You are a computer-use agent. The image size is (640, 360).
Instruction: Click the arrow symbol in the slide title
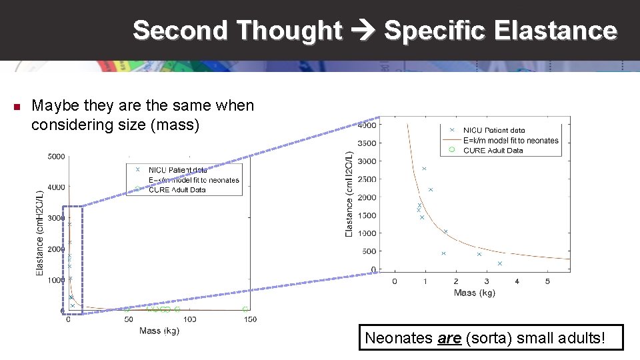363,31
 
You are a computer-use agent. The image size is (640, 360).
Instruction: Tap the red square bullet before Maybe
17,107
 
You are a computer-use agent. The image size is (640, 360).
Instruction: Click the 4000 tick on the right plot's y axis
367,125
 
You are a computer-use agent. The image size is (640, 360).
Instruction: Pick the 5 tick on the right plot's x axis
547,281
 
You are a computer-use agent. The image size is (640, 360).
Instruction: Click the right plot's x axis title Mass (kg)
474,293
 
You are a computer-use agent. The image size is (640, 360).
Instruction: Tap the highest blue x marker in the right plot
424,169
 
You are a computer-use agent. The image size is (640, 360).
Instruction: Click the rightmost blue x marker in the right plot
499,263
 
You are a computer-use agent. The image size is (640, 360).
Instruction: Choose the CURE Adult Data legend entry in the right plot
493,151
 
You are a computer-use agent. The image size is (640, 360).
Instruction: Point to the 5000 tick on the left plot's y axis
56,157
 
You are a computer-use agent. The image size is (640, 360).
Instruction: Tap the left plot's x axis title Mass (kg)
159,331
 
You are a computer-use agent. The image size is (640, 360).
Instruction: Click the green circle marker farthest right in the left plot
245,309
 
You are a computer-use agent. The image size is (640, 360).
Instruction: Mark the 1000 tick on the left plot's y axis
56,281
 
